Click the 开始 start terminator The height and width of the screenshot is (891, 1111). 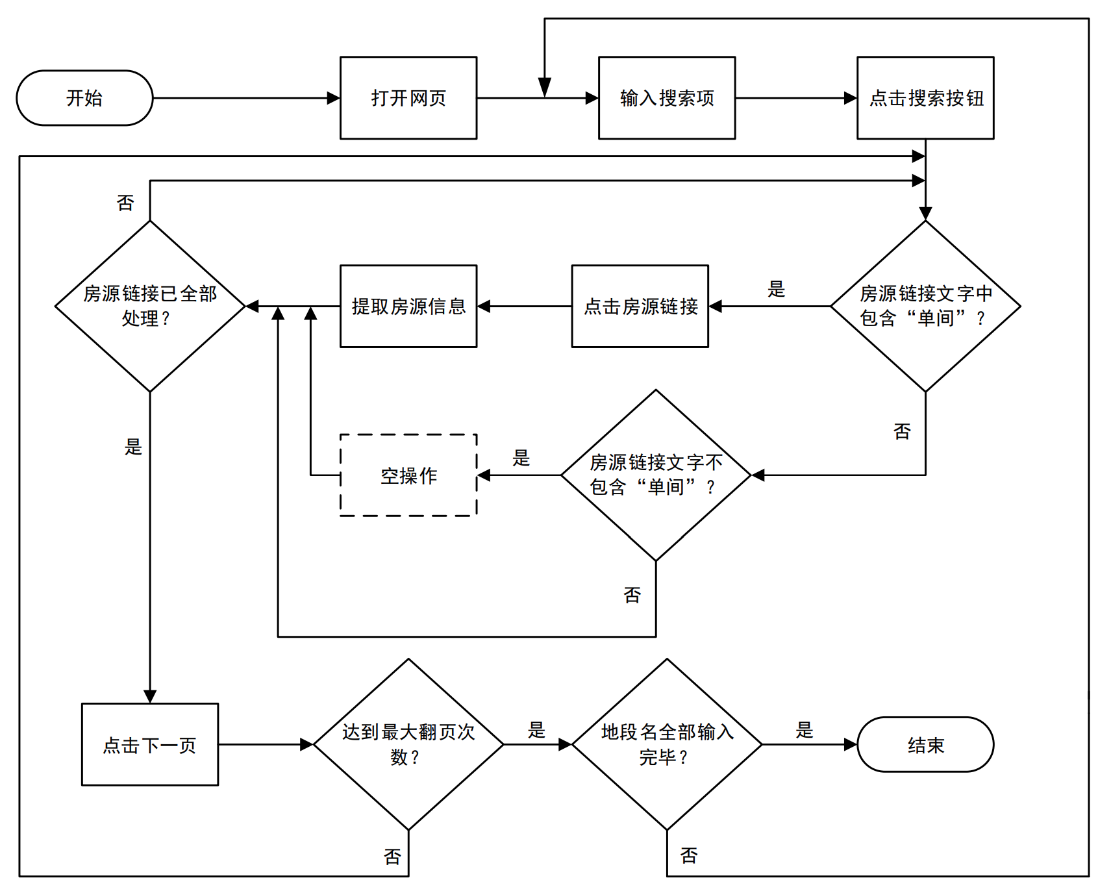pyautogui.click(x=84, y=98)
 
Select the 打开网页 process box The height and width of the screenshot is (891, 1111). pyautogui.click(x=408, y=98)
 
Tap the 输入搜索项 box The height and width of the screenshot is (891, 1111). pyautogui.click(x=667, y=98)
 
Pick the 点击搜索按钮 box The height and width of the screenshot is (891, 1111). pyautogui.click(x=925, y=98)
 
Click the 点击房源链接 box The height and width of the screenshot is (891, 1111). pyautogui.click(x=640, y=306)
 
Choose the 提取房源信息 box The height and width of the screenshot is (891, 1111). pyautogui.click(x=408, y=306)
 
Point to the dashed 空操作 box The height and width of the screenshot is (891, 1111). pyautogui.click(x=408, y=475)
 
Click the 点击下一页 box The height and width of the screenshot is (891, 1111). pyautogui.click(x=150, y=744)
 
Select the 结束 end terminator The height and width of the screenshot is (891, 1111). pyautogui.click(x=925, y=744)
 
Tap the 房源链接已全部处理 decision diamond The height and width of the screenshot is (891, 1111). pyautogui.click(x=150, y=306)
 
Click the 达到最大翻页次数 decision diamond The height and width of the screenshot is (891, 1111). pyautogui.click(x=408, y=744)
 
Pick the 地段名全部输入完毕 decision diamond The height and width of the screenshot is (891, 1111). pyautogui.click(x=667, y=744)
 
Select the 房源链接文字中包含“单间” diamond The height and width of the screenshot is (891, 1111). pyautogui.click(x=925, y=306)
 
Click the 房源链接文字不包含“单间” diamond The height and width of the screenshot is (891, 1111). pyautogui.click(x=656, y=475)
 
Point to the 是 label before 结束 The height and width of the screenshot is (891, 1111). pyautogui.click(x=805, y=730)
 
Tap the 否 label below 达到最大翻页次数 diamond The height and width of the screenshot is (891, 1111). pyautogui.click(x=392, y=857)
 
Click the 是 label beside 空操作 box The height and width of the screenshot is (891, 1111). pyautogui.click(x=521, y=458)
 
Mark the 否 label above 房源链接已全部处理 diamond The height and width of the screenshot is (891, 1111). pyautogui.click(x=125, y=203)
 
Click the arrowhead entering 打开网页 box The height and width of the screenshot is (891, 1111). pyautogui.click(x=334, y=98)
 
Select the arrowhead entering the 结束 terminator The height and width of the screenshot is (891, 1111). pyautogui.click(x=851, y=744)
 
